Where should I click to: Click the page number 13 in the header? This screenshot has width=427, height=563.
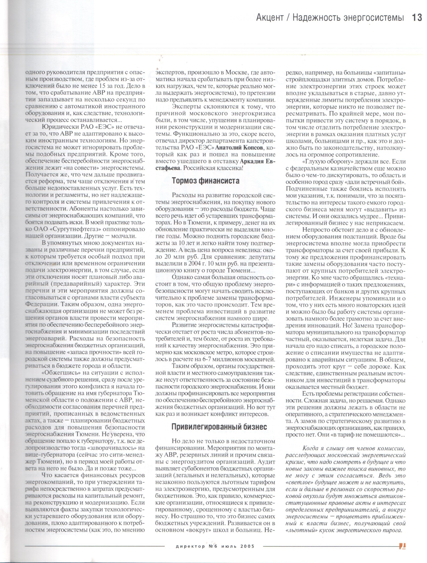coord(417,17)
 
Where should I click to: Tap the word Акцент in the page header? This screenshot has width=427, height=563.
coord(270,17)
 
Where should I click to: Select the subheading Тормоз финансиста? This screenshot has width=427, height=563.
coord(205,181)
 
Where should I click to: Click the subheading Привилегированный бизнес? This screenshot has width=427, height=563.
coord(219,427)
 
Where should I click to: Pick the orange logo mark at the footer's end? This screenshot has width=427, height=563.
coord(402,546)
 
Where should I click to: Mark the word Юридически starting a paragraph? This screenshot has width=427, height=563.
coord(61,127)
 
